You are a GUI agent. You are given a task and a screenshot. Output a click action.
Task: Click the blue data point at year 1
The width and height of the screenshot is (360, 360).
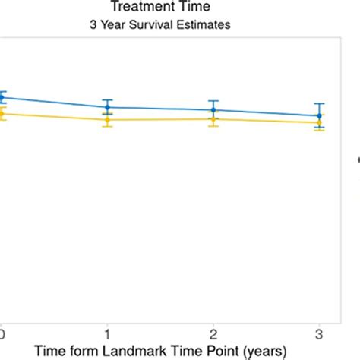(107, 107)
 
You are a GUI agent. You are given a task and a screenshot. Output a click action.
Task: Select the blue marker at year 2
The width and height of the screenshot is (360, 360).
(213, 110)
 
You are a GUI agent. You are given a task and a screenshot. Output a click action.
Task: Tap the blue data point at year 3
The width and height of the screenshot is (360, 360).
(320, 116)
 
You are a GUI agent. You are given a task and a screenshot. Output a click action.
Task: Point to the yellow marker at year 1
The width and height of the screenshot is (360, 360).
(107, 119)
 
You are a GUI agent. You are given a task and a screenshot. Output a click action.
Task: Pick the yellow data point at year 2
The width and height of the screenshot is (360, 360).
(213, 118)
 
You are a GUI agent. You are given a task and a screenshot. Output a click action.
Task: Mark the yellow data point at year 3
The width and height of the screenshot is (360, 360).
(320, 122)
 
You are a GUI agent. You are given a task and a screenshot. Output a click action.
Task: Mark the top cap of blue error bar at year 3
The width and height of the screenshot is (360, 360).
(320, 103)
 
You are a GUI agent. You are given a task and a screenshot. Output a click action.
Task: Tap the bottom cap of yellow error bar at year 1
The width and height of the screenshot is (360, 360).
(107, 127)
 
